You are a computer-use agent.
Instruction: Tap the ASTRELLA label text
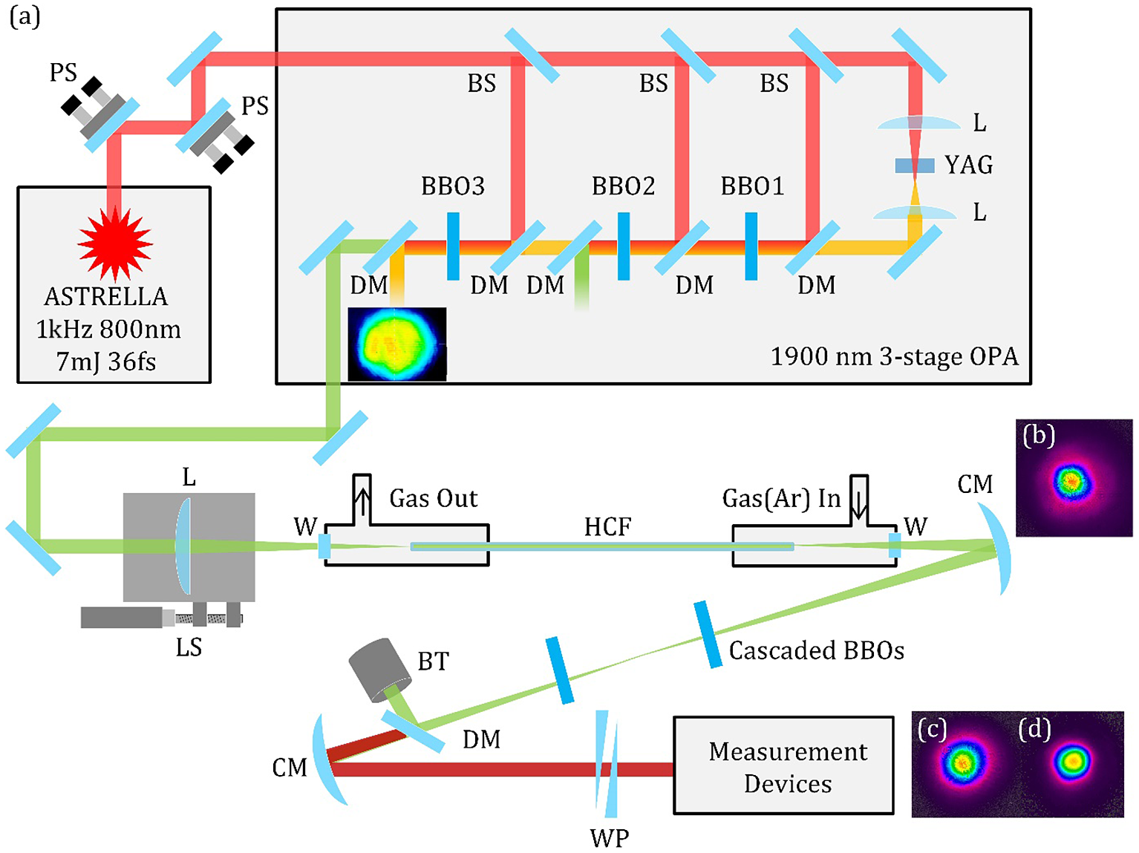[x=106, y=297]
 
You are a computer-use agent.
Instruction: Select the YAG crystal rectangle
[x=914, y=166]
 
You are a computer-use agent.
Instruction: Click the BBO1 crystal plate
[x=751, y=246]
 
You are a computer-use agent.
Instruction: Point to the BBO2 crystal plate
[x=624, y=246]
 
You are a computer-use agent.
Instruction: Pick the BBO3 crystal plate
[x=453, y=246]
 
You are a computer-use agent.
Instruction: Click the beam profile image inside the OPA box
[x=397, y=344]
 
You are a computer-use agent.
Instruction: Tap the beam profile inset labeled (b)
[x=1074, y=478]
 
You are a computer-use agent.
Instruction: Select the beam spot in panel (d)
[x=1073, y=760]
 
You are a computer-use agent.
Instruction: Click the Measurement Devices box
[x=783, y=765]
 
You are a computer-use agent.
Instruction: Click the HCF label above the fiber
[x=607, y=527]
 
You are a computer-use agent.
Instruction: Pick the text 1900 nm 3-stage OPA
[x=894, y=357]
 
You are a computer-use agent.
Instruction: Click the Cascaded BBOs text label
[x=816, y=651]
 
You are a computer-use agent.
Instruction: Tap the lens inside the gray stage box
[x=183, y=547]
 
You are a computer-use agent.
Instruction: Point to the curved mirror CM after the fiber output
[x=999, y=548]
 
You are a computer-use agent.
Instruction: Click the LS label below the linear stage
[x=189, y=648]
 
